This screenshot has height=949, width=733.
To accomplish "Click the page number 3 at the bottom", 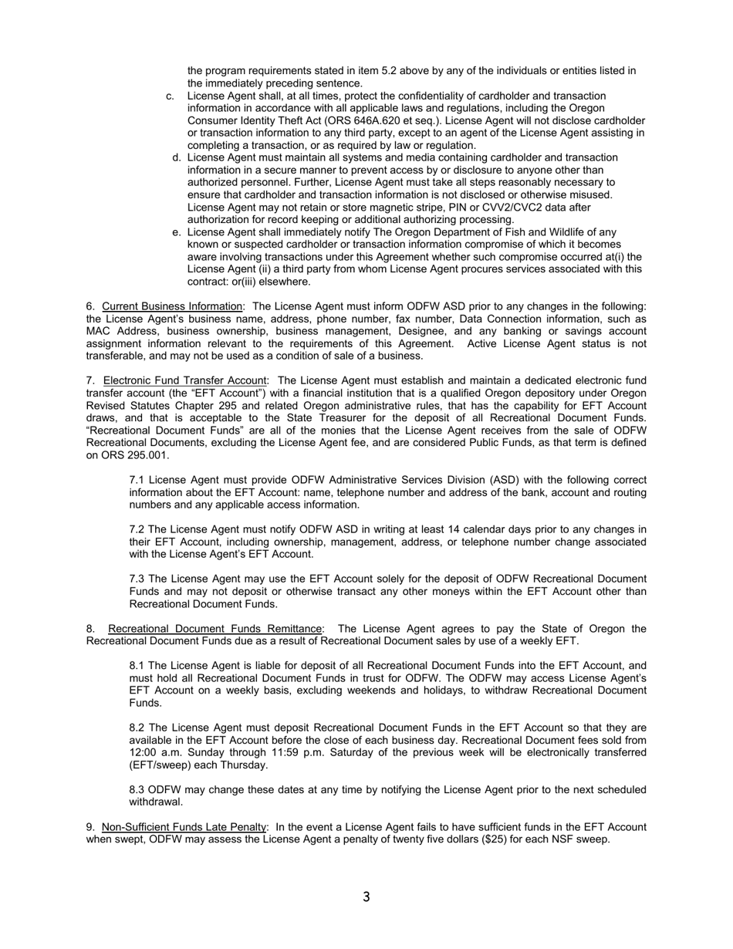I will [x=366, y=897].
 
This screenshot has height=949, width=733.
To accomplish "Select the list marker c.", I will [x=170, y=96].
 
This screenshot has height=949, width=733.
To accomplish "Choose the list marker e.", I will [x=177, y=232].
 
